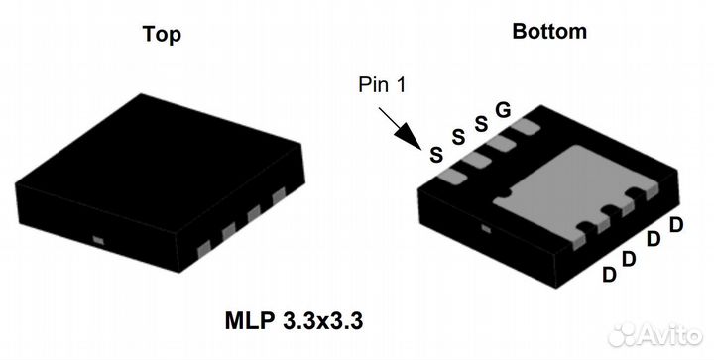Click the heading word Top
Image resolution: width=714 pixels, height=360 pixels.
pos(161,34)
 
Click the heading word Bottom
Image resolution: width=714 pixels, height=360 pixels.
pos(548,31)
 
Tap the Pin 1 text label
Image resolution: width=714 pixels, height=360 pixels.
pos(382,86)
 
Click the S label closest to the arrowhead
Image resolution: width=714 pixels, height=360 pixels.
pos(434,154)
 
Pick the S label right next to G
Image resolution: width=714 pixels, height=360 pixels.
pos(481,124)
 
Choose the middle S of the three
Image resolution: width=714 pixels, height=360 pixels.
pos(458,139)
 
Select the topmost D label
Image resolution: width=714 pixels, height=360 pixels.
pos(676,224)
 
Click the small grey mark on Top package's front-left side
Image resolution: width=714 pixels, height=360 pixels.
pos(98,238)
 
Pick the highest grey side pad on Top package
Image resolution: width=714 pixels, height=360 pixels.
pos(279,194)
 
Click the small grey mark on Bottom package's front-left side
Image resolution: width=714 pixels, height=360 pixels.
pos(485,228)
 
